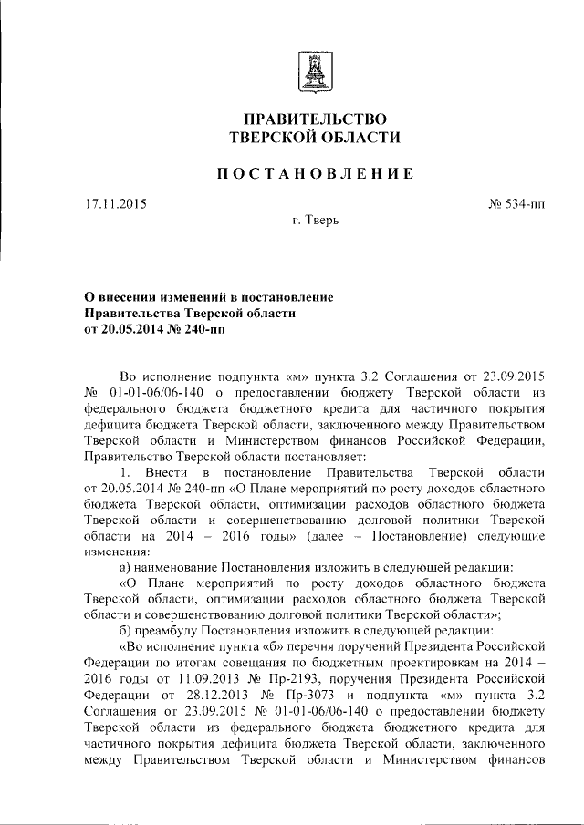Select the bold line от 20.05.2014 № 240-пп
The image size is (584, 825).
coord(151,329)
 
